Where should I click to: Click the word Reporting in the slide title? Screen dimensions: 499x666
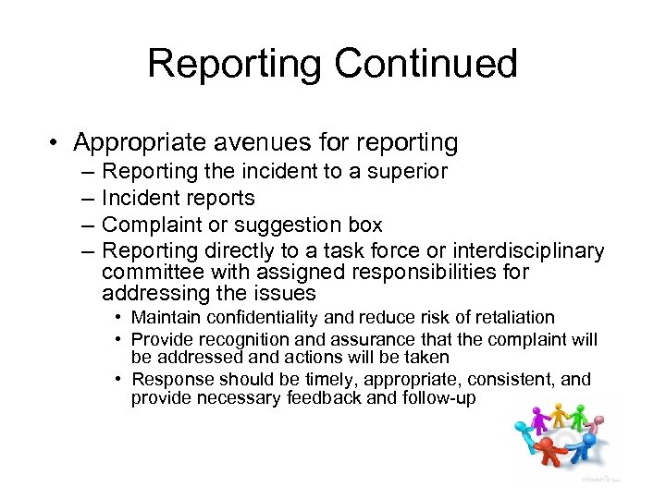(x=234, y=64)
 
